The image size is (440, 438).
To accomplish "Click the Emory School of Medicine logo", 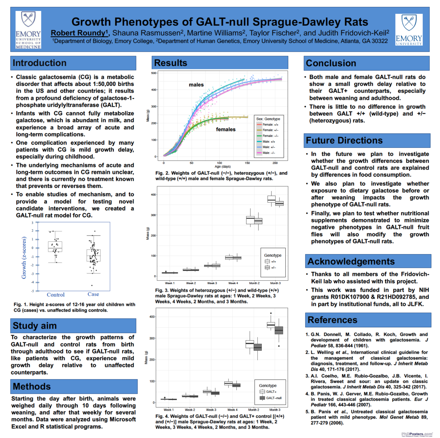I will [28, 30].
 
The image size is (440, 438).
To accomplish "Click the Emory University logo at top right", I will [409, 30].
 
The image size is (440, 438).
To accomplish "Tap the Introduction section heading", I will [40, 63].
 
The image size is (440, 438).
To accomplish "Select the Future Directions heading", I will [344, 140].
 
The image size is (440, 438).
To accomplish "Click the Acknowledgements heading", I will [351, 262].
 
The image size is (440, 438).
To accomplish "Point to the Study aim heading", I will [35, 326].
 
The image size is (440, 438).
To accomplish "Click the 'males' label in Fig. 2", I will [196, 85].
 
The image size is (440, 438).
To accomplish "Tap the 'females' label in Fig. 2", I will [225, 129].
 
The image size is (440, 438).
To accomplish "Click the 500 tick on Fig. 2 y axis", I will [154, 73].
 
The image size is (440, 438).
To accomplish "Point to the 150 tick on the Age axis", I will [247, 163].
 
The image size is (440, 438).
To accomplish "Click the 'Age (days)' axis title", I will [223, 167].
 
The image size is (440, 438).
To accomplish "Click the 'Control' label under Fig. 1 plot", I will [56, 295].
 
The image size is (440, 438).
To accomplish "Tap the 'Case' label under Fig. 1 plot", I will [93, 294].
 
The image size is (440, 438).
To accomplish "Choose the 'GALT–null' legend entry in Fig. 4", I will [274, 398].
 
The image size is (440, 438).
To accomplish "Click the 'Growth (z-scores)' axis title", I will [24, 258].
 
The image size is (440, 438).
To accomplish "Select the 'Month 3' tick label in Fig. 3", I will [275, 283].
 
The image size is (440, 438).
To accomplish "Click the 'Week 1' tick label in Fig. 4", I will [169, 410].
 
